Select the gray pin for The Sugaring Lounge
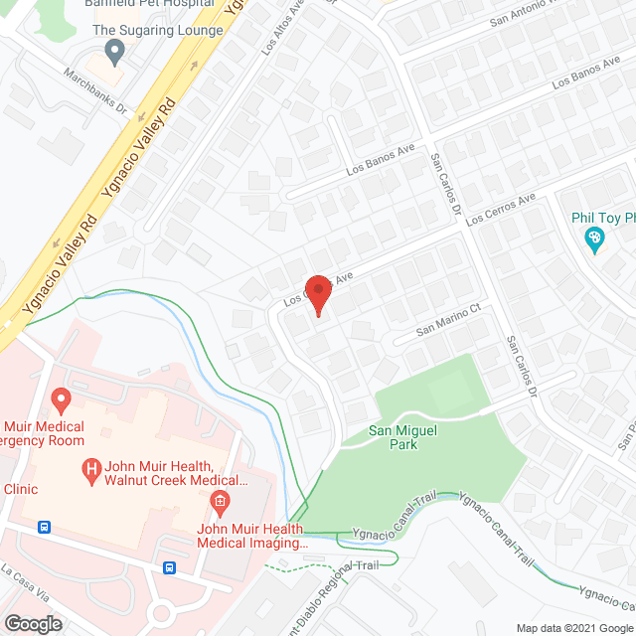114,50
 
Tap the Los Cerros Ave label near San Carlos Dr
501,209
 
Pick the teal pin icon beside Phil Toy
594,238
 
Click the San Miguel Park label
406,436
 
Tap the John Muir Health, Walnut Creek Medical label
174,473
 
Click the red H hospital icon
91,467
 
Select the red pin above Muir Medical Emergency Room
61,401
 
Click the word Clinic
20,489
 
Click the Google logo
33,624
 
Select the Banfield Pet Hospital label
149,4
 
